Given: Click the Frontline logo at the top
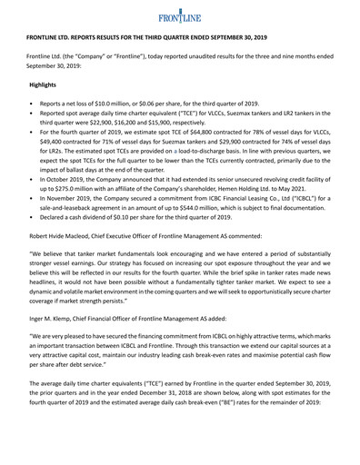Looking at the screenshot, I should click(179, 19).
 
